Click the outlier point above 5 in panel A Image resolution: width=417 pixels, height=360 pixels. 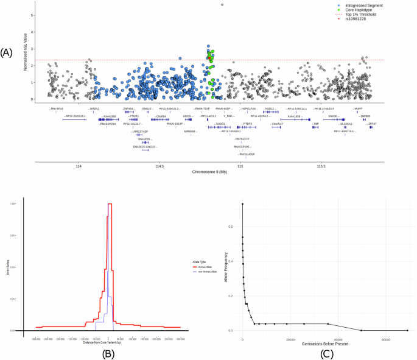pos(222,4)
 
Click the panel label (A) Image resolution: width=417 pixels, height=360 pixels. pos(7,53)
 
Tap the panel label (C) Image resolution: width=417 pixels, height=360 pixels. pos(326,351)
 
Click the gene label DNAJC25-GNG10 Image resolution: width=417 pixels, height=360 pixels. pos(145,147)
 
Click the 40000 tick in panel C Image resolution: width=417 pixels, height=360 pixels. pos(338,336)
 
